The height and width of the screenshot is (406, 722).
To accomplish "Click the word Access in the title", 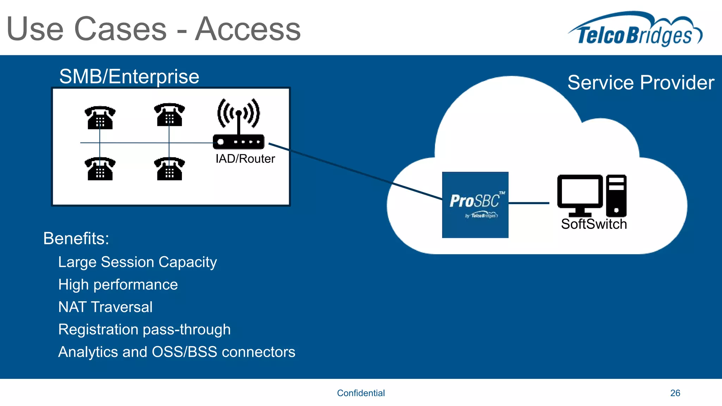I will [248, 30].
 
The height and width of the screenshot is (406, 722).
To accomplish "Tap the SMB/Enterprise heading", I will [129, 76].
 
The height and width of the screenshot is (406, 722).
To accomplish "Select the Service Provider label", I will [641, 82].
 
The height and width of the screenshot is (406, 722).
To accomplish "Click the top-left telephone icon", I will [100, 118].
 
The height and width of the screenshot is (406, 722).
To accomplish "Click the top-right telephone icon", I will [169, 115].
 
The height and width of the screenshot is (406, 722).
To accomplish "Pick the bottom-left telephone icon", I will [100, 169].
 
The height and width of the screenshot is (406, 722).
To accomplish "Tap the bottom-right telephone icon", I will [169, 169].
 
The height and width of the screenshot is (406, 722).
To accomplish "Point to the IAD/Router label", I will [245, 159].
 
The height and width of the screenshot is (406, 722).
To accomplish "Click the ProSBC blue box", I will [475, 205].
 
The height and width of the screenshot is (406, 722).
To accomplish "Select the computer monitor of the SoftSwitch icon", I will [580, 193].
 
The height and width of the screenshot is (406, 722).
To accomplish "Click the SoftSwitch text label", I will [594, 224].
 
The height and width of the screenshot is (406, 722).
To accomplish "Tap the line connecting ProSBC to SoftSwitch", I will [529, 203].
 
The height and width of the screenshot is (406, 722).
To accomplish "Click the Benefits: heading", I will [76, 239].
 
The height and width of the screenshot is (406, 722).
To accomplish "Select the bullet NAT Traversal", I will [105, 307].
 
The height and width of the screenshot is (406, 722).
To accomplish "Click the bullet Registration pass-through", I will [144, 330].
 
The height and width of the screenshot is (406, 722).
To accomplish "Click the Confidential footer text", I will [361, 393].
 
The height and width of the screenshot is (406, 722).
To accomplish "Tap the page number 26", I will [675, 393].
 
